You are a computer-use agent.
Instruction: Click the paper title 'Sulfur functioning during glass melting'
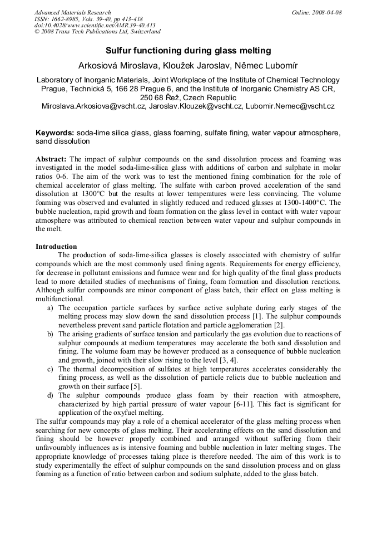point(188,50)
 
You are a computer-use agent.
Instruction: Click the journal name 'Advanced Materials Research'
point(73,12)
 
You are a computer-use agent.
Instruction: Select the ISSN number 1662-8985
point(69,19)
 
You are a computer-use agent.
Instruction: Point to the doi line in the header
point(95,25)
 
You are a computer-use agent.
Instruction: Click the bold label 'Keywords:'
point(55,133)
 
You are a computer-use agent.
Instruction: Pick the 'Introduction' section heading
point(56,246)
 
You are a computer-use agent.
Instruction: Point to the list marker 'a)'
point(50,307)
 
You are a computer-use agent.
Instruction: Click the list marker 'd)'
point(50,395)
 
